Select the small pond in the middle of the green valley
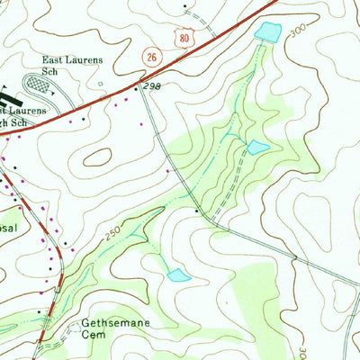point(258,147)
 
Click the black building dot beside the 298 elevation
point(137,88)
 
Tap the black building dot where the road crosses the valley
point(198,210)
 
